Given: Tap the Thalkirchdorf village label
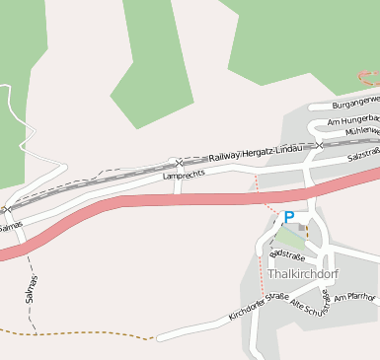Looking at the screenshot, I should pyautogui.click(x=302, y=273).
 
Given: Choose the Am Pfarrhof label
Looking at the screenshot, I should pyautogui.click(x=355, y=296).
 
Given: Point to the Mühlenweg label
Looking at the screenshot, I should pyautogui.click(x=361, y=130).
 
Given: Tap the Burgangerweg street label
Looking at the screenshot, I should pyautogui.click(x=355, y=102).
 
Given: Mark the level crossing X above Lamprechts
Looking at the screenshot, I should pyautogui.click(x=178, y=162).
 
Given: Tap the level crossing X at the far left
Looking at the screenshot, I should pyautogui.click(x=7, y=209).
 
